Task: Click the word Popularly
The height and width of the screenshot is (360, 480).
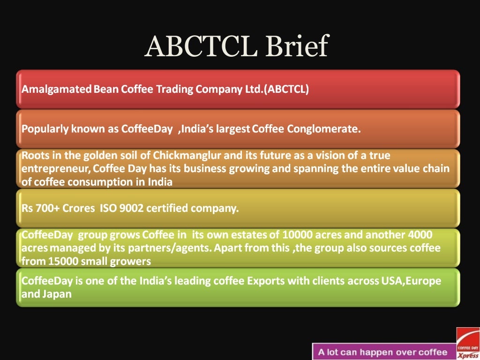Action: pyautogui.click(x=45, y=129)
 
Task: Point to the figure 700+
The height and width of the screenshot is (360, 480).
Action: pyautogui.click(x=51, y=208)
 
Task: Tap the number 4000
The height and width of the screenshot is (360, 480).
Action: pyautogui.click(x=420, y=234)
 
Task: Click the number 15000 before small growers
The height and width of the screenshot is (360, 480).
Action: pyautogui.click(x=59, y=262)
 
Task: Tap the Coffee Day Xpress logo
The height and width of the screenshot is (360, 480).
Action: pyautogui.click(x=468, y=343)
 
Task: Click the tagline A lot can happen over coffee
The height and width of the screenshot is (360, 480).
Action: pyautogui.click(x=383, y=352)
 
